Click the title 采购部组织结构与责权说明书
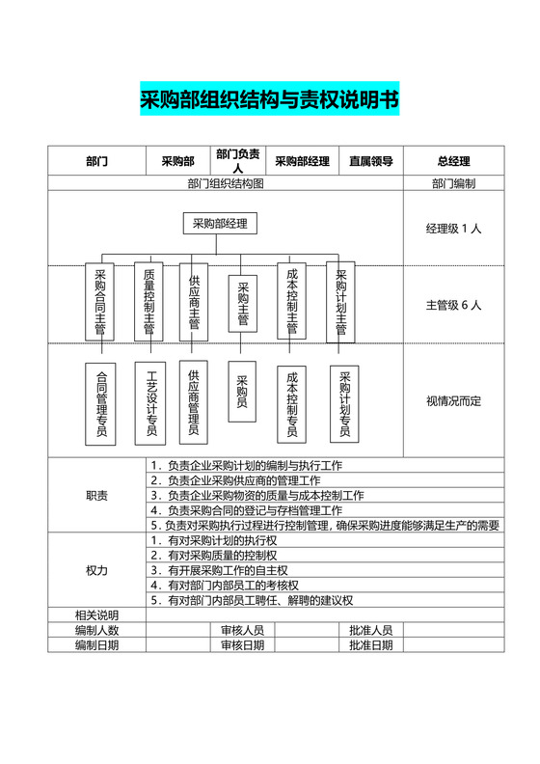[x=270, y=100]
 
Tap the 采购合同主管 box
[x=100, y=300]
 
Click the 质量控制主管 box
[x=148, y=300]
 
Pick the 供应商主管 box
[x=194, y=302]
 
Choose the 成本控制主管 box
[x=292, y=300]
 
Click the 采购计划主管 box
[x=340, y=300]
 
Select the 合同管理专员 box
[x=100, y=403]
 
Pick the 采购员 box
[x=242, y=392]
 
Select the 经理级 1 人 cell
[x=453, y=230]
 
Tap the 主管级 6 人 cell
[x=453, y=305]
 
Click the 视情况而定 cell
[x=453, y=400]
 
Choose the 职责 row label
[x=96, y=496]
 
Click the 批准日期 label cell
[x=370, y=644]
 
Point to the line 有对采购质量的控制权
[x=222, y=556]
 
